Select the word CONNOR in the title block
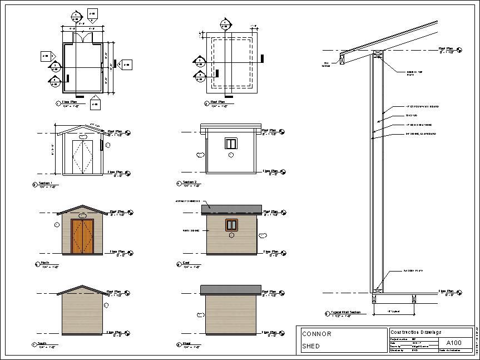point(316,334)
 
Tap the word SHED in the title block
point(310,346)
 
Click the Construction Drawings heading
point(416,332)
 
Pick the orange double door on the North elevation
point(82,236)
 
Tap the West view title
point(187,344)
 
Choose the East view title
point(186,263)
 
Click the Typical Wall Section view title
point(345,313)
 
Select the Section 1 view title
point(46,183)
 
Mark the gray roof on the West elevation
point(230,290)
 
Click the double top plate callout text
point(412,72)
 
